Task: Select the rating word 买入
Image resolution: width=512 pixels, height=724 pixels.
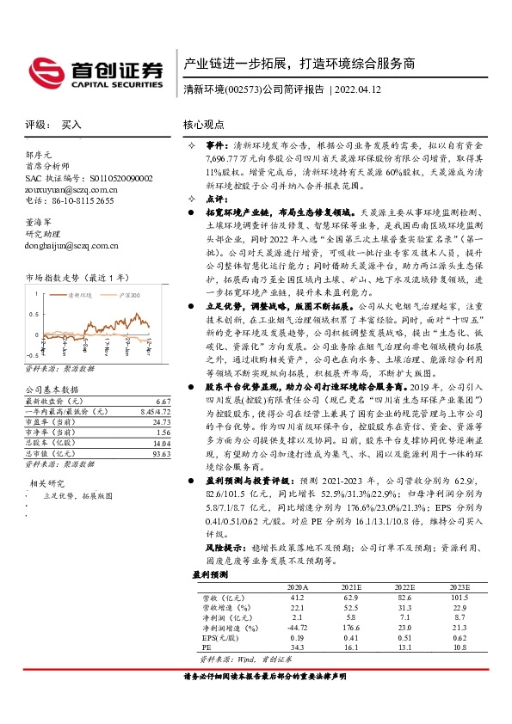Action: click(x=71, y=125)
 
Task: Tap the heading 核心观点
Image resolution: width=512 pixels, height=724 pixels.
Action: click(x=203, y=125)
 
